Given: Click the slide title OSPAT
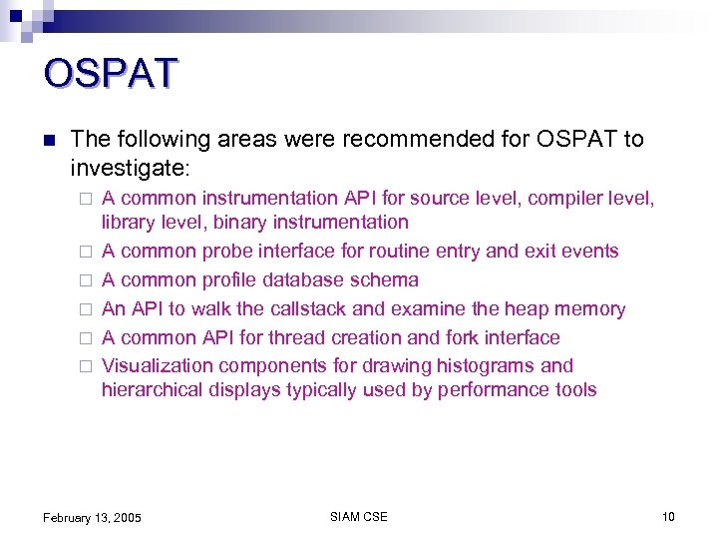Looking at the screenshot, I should click(111, 74).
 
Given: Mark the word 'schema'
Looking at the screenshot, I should click(384, 280).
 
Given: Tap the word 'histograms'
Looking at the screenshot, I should click(485, 366).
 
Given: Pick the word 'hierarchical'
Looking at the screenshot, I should click(153, 390).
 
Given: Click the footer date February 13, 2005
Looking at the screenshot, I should click(92, 517).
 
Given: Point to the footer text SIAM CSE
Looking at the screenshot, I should click(358, 516).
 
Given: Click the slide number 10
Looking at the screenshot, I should click(668, 516).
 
